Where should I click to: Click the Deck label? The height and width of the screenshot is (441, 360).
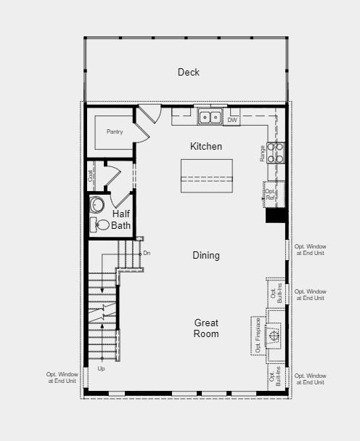[189, 72]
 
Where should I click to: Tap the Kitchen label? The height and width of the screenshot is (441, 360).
[206, 146]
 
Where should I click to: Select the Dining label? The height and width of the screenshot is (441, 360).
[206, 256]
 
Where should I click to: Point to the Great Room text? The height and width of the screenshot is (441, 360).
[206, 328]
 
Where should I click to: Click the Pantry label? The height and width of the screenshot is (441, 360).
[115, 132]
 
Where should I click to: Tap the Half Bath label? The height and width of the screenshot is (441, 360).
[120, 219]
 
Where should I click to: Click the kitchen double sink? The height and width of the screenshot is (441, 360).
[210, 116]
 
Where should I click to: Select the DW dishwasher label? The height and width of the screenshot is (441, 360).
[232, 120]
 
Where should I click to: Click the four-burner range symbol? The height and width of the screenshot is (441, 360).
[275, 153]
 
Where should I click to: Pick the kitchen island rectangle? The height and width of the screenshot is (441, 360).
[207, 176]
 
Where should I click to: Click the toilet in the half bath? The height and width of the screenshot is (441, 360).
[99, 225]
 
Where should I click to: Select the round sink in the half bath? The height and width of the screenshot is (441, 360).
[97, 204]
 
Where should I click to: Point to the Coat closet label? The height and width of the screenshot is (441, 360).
[90, 176]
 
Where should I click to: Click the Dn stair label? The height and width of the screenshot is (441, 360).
[147, 253]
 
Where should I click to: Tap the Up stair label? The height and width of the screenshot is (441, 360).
[101, 368]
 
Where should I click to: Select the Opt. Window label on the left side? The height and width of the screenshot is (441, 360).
[62, 378]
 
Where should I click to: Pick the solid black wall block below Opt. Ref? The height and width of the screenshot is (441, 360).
[276, 216]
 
